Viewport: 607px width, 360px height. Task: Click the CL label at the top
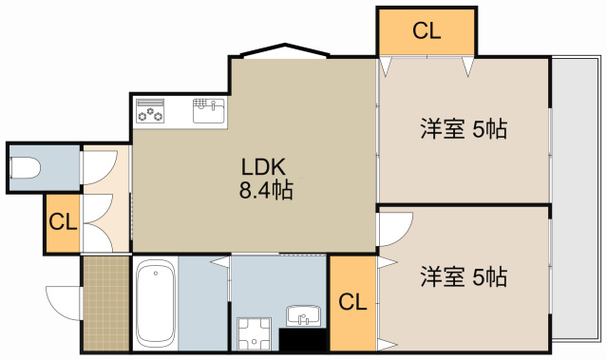tap(427, 31)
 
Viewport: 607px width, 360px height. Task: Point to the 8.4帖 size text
tap(265, 190)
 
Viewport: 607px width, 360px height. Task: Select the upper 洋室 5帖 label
tap(463, 130)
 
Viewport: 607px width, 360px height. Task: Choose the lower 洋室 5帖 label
tap(463, 277)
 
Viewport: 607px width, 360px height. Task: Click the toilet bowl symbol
tap(26, 170)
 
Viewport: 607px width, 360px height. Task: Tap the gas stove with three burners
tap(151, 111)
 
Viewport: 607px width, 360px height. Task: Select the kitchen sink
tap(208, 111)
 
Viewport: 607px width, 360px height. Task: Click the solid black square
tap(303, 340)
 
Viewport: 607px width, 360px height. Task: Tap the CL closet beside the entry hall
tap(62, 224)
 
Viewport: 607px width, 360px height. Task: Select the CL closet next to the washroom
tap(352, 303)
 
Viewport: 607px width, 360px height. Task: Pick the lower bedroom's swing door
tap(393, 228)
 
